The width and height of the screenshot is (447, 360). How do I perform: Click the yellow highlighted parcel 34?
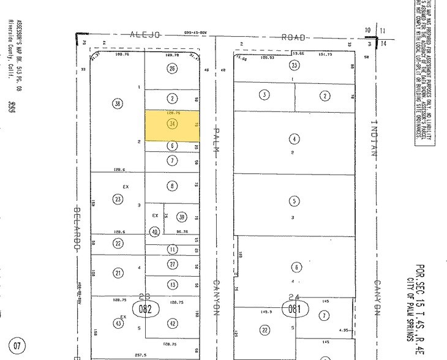[172, 124]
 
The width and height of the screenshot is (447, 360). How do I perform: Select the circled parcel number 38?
[117, 104]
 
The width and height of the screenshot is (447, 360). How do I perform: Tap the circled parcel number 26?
[172, 68]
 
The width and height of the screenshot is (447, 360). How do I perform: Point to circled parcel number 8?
[173, 186]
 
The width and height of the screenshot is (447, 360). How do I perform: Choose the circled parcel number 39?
[181, 217]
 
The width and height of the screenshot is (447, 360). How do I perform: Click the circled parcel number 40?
[155, 232]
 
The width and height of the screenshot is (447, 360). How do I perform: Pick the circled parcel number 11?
[173, 249]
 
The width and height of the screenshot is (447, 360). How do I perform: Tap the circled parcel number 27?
[173, 264]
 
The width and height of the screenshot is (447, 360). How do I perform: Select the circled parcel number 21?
[117, 273]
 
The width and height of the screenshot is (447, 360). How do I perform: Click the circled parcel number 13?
[173, 285]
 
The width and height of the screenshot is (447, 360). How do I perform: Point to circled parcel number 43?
[117, 323]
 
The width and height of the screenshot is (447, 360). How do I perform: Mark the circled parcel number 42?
[173, 323]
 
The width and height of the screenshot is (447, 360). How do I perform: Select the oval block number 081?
[295, 309]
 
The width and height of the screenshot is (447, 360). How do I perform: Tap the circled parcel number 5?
[295, 201]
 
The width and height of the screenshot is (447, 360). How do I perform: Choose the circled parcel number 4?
[295, 138]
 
